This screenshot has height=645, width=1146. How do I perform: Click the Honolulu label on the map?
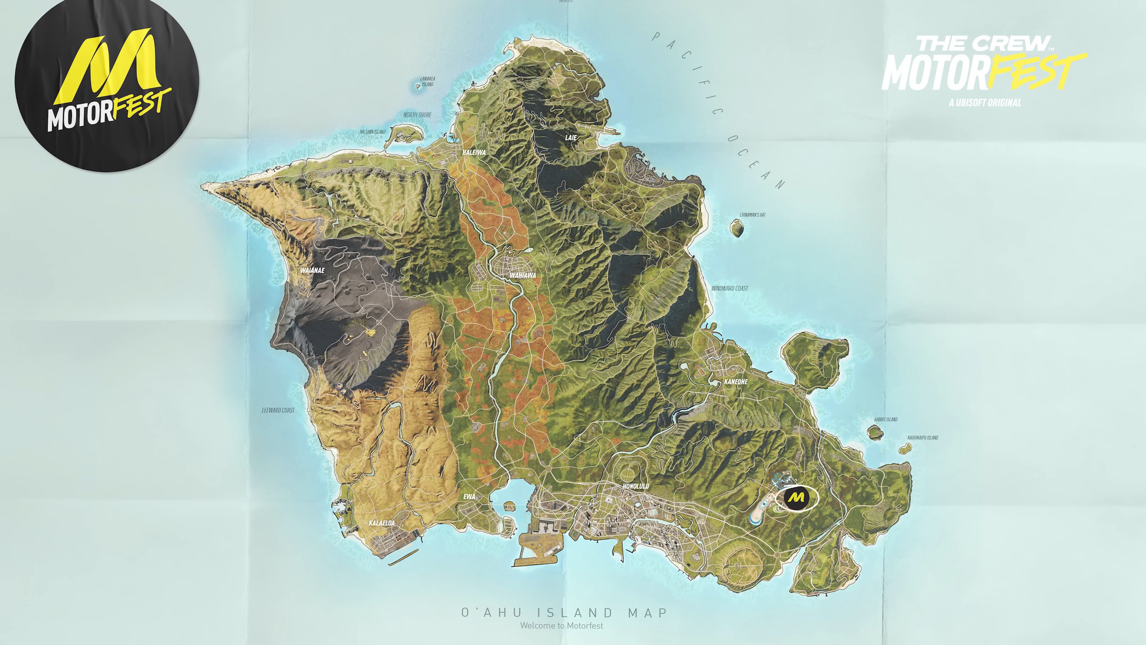[635, 486]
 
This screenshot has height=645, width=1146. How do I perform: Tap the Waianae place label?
[312, 270]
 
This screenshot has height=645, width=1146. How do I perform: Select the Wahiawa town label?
[523, 276]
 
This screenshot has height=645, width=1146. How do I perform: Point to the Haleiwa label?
[474, 152]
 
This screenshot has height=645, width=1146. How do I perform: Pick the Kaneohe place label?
[736, 382]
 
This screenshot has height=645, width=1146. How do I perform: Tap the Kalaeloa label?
[382, 523]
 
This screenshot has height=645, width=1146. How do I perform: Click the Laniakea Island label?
[427, 81]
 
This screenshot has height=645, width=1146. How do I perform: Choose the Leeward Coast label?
[278, 410]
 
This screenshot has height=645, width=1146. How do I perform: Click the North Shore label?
[417, 115]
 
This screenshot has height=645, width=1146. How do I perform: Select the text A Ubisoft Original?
[985, 103]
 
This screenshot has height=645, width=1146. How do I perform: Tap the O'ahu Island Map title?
[564, 612]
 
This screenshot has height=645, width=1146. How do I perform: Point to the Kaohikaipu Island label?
[923, 437]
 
